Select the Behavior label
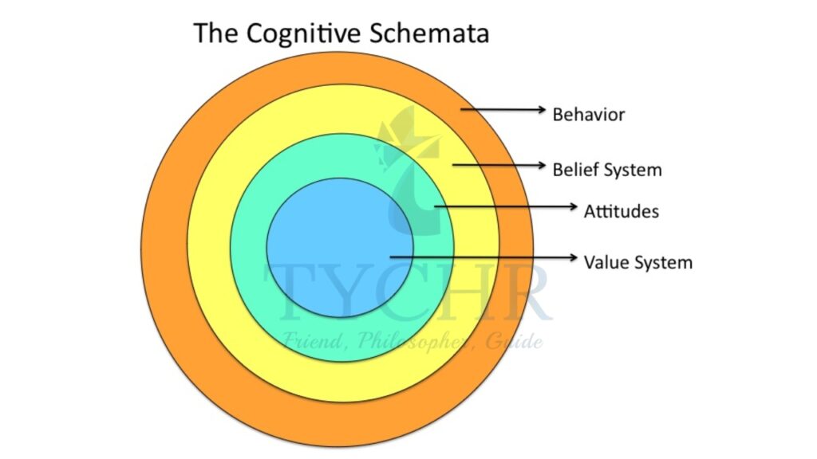(589, 115)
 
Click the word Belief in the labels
(572, 170)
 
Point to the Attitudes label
(621, 212)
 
